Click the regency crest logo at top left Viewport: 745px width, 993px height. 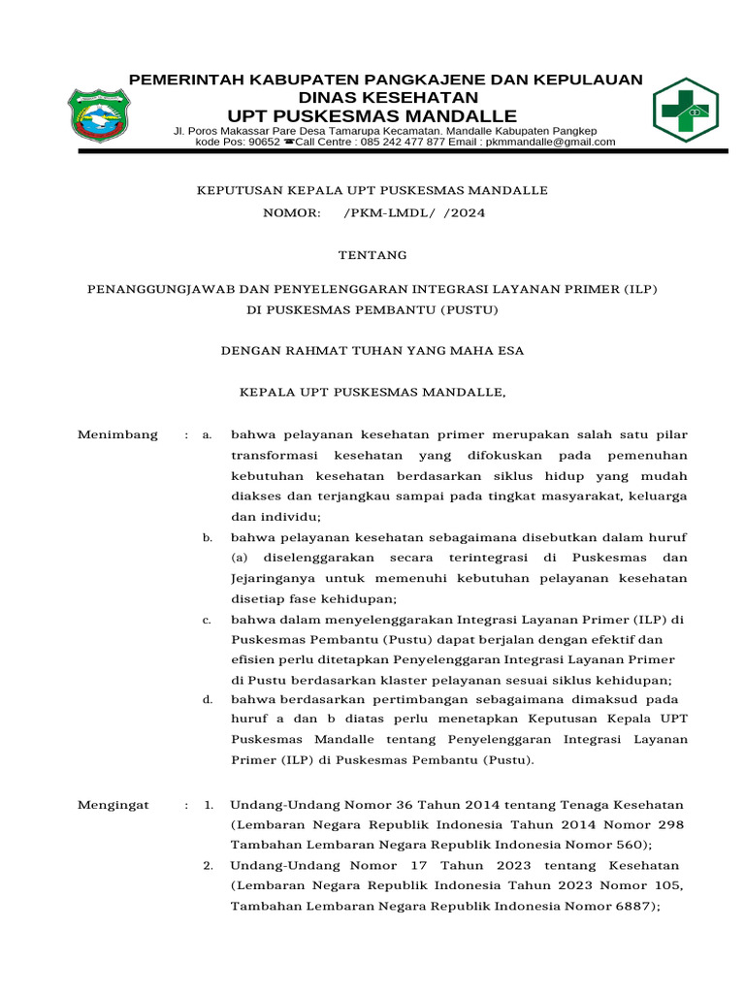97,114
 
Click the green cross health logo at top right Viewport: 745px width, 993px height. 685,111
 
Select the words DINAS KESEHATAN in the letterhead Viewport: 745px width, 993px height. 387,98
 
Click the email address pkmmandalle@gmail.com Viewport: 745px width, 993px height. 550,142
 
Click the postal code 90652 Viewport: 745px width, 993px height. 264,142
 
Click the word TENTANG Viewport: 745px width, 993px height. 372,255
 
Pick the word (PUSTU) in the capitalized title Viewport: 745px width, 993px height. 469,310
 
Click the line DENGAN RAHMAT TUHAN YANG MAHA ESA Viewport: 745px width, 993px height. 373,351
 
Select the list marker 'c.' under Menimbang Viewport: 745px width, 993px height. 207,620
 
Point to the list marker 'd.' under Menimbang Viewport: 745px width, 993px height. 207,698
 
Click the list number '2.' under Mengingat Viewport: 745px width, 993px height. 208,865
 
